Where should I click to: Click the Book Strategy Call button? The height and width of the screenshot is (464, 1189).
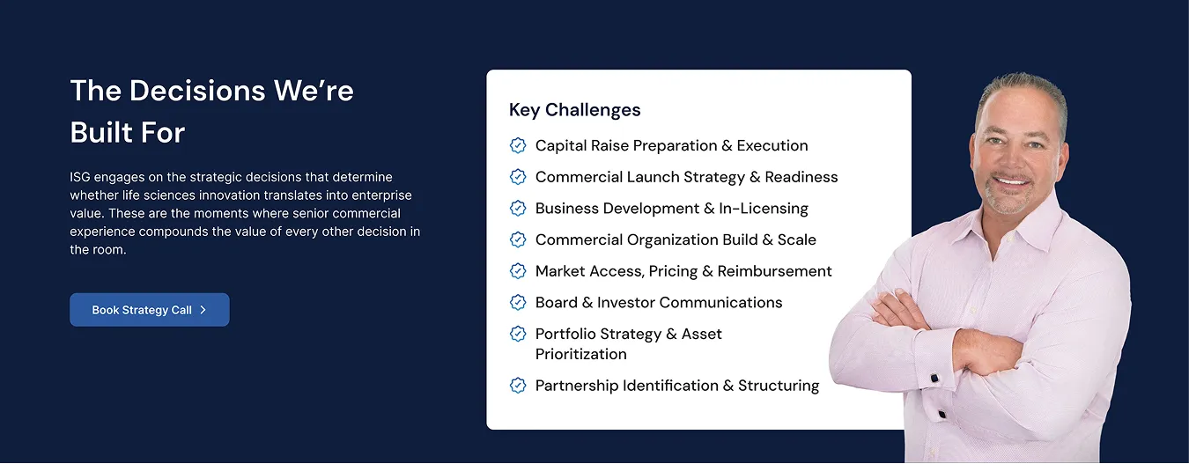(x=150, y=310)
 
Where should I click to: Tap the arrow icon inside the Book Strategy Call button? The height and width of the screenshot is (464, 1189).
(x=203, y=310)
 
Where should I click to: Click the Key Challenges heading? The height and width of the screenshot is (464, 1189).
(x=575, y=110)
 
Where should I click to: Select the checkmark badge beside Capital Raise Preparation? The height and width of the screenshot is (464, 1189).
(x=518, y=145)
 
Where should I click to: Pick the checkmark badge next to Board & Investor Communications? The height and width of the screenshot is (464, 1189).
(x=518, y=303)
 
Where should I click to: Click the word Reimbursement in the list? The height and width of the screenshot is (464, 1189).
(x=774, y=271)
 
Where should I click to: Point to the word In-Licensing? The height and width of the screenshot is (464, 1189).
(x=764, y=208)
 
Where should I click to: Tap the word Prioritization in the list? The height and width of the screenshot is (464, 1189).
(x=580, y=354)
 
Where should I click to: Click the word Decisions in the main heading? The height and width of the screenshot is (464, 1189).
(x=197, y=91)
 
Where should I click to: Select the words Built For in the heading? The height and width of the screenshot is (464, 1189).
(x=128, y=132)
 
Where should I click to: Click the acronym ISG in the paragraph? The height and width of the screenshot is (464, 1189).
(x=79, y=177)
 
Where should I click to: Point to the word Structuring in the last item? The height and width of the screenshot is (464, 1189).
(x=779, y=386)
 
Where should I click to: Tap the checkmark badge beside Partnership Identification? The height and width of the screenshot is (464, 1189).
(x=518, y=386)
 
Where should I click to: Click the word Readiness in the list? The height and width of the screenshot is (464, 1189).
(x=801, y=177)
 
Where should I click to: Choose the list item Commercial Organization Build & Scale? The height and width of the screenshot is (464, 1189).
(x=676, y=240)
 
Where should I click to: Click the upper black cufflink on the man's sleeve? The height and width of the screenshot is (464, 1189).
(x=934, y=379)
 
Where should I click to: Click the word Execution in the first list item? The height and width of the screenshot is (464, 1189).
(x=772, y=145)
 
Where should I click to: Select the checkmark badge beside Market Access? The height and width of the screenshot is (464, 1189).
(x=518, y=271)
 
